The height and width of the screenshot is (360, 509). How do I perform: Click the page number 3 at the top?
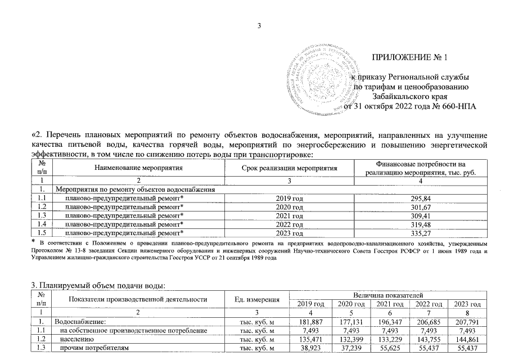point(260,24)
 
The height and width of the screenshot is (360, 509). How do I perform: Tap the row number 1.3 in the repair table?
point(41,215)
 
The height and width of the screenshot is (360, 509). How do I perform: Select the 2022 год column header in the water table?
point(427,304)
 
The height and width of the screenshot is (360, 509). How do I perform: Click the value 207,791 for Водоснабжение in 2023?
point(467,322)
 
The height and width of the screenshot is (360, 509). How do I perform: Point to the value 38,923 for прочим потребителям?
point(309,349)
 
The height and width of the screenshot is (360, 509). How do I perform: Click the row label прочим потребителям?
point(94,349)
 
